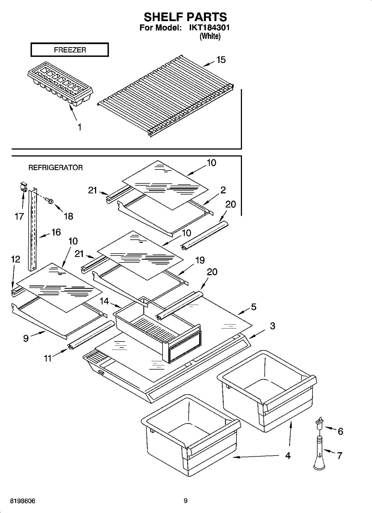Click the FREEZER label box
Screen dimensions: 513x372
69,50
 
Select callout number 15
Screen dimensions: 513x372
221,60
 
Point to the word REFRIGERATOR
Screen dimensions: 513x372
56,168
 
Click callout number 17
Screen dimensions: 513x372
19,216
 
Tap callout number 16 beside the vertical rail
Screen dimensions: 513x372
56,232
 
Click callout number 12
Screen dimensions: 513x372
16,259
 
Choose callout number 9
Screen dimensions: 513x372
26,338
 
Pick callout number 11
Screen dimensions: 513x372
48,358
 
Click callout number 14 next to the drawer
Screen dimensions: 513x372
104,301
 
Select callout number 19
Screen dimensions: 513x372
200,260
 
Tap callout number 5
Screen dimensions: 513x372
253,307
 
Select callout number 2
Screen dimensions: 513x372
223,190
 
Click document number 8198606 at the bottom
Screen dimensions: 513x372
23,501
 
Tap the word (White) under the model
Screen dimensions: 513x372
210,36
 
